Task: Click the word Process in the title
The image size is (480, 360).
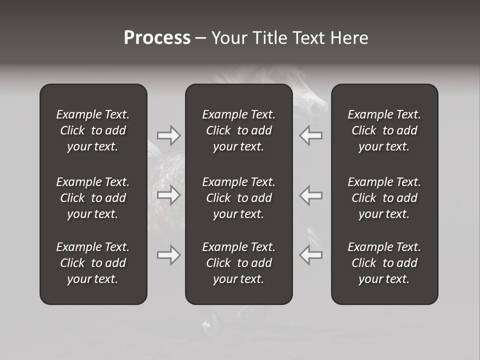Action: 157,38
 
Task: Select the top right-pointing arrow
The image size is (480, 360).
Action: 169,135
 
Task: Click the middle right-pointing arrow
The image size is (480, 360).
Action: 169,195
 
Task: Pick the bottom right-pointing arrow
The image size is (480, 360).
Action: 169,255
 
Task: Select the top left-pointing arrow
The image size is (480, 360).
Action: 311,135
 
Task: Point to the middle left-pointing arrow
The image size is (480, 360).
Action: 311,195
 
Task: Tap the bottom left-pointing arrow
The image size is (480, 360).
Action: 311,255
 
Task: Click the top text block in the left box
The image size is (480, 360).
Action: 93,130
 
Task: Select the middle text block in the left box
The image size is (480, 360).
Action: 93,198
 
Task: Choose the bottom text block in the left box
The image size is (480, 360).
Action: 93,263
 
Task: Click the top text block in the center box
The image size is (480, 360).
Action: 239,130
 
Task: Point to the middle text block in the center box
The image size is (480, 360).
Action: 239,198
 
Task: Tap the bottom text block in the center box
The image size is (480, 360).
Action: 239,263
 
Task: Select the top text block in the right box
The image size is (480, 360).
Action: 384,130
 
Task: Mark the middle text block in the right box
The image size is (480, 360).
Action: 384,198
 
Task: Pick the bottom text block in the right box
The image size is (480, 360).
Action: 384,263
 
